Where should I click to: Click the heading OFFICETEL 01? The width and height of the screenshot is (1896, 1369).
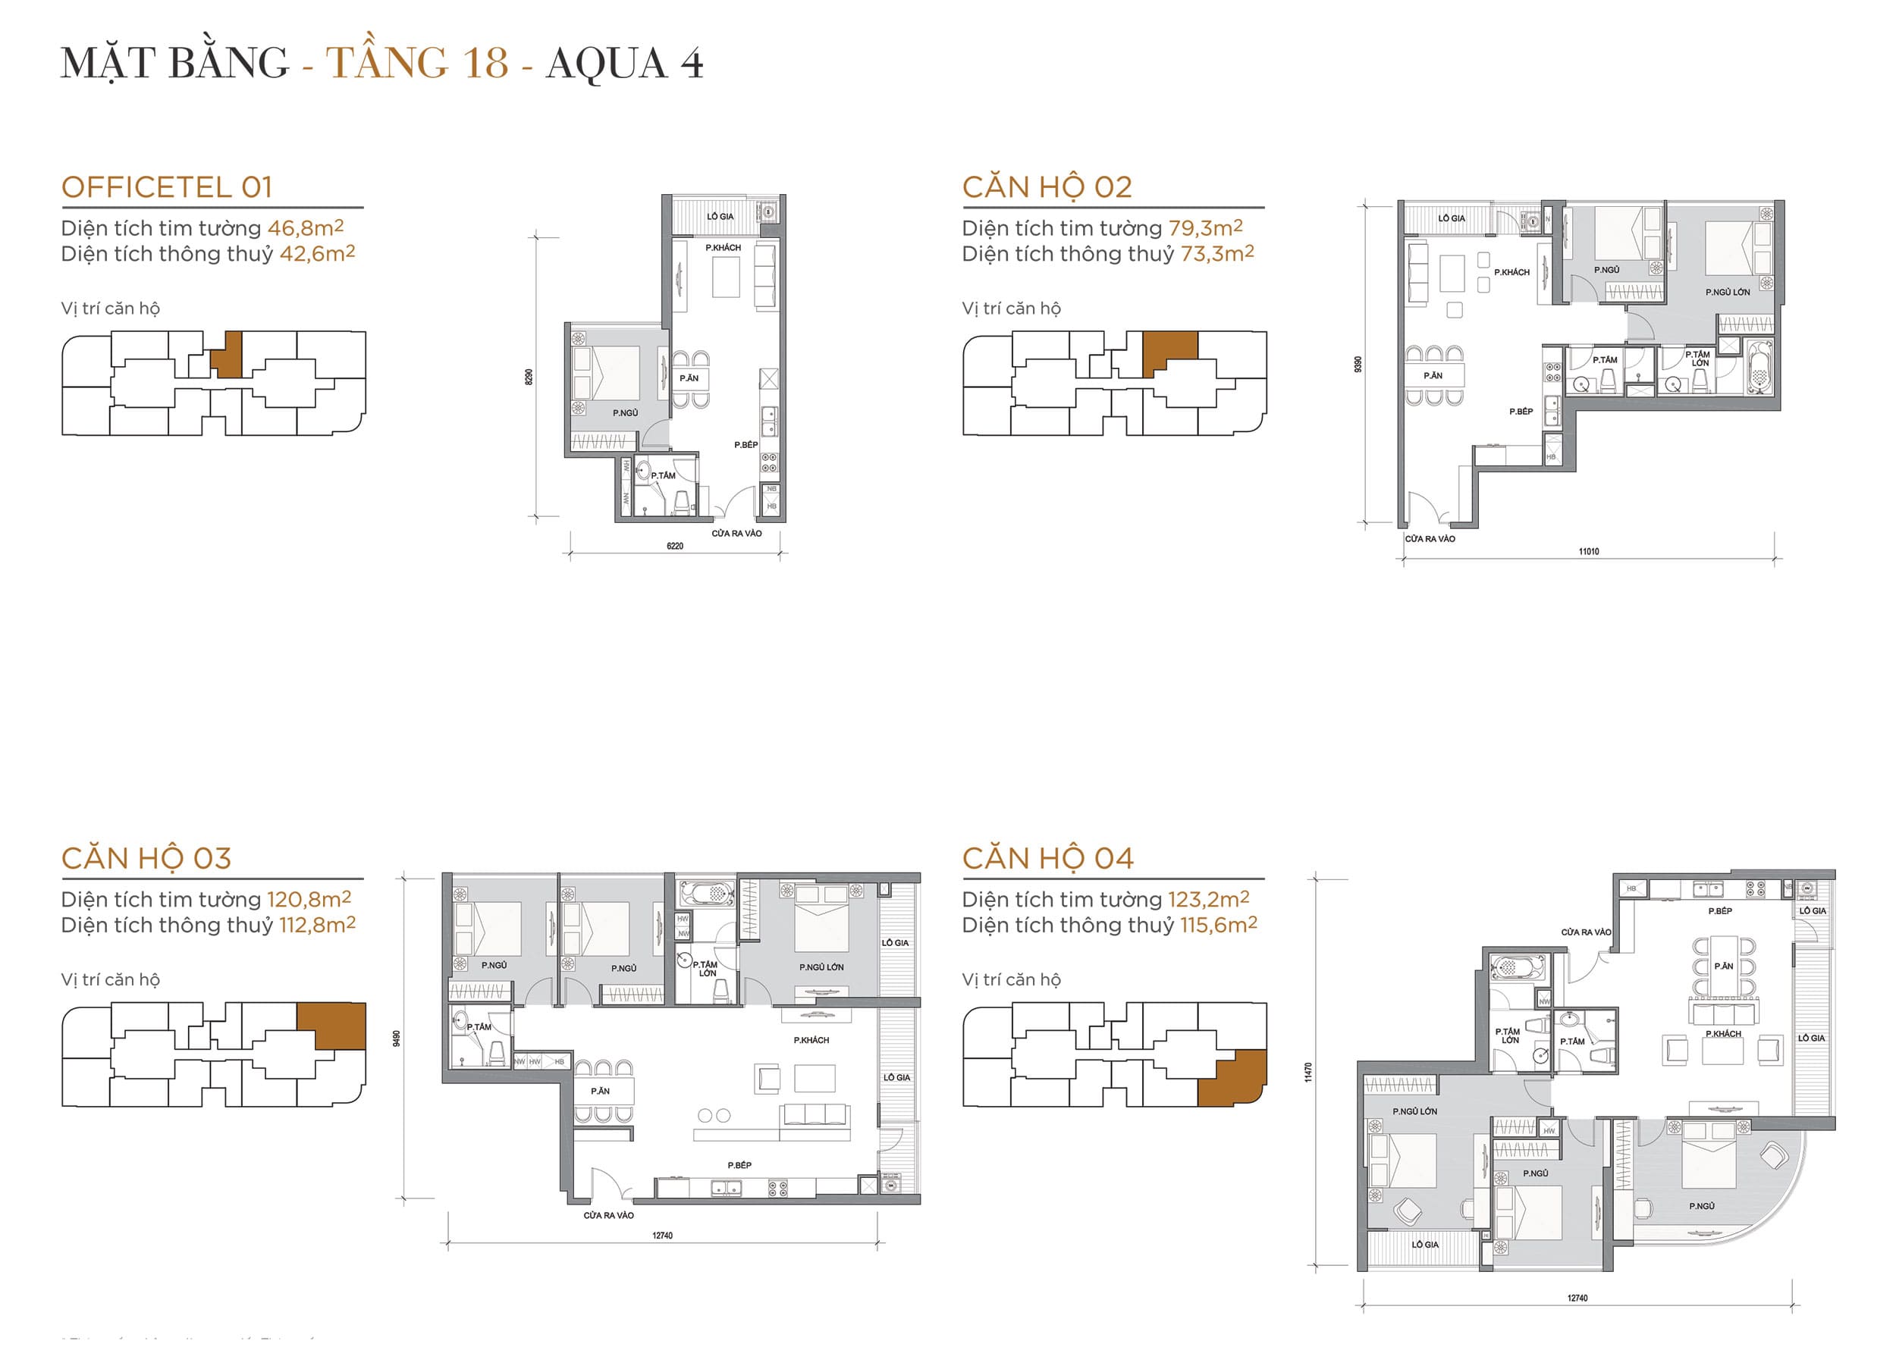(167, 187)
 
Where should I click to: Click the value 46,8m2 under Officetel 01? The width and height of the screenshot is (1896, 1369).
(305, 228)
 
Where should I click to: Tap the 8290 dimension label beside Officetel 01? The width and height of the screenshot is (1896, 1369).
(529, 377)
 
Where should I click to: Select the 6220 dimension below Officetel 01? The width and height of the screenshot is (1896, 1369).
(675, 546)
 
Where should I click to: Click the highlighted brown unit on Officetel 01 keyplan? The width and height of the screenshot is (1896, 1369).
(227, 354)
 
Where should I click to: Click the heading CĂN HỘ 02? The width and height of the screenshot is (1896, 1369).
(1047, 187)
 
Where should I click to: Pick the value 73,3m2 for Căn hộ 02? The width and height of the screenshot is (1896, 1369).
(1216, 254)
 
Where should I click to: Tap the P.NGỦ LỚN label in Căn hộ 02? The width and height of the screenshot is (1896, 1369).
(1727, 293)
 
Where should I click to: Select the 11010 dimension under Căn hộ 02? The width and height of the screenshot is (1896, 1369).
(1588, 552)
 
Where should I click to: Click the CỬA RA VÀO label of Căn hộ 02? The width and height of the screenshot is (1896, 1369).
(1430, 539)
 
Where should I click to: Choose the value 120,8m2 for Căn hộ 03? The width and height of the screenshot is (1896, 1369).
(309, 899)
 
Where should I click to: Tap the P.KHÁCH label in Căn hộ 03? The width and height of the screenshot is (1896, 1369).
(811, 1041)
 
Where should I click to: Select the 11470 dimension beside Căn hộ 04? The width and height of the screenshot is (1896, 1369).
(1308, 1073)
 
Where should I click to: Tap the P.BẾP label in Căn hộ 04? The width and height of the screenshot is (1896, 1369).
(1719, 911)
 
